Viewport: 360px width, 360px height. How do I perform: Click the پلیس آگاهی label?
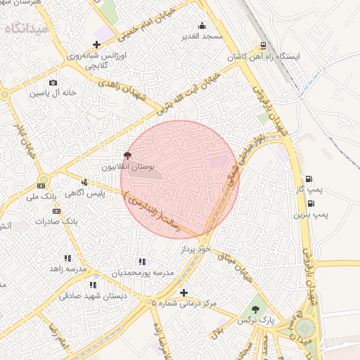coord(105,193)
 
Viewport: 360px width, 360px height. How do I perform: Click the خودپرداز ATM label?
coord(195,249)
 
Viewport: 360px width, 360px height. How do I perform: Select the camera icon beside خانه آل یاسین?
coord(54,83)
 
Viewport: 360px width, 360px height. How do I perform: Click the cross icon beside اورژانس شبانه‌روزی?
coord(97,45)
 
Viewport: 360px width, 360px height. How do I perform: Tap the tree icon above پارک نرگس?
coord(255,309)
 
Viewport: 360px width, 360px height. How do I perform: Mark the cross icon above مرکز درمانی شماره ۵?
coord(184,292)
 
